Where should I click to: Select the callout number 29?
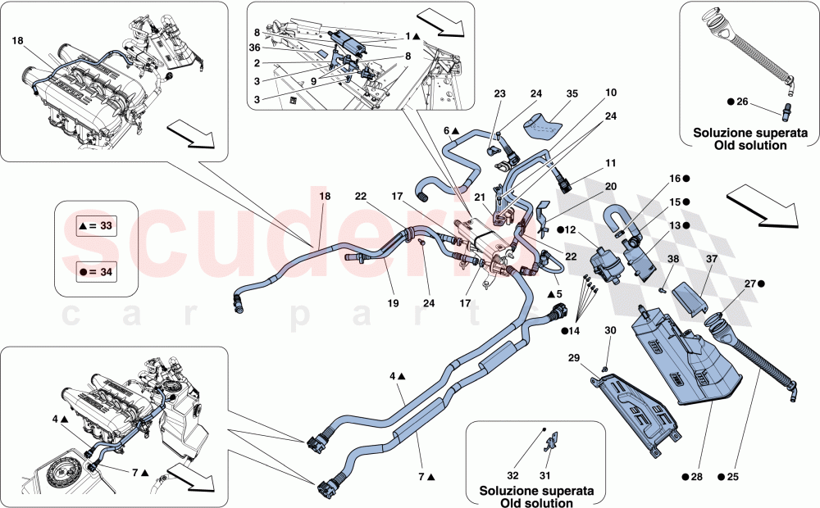pyautogui.click(x=573, y=359)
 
